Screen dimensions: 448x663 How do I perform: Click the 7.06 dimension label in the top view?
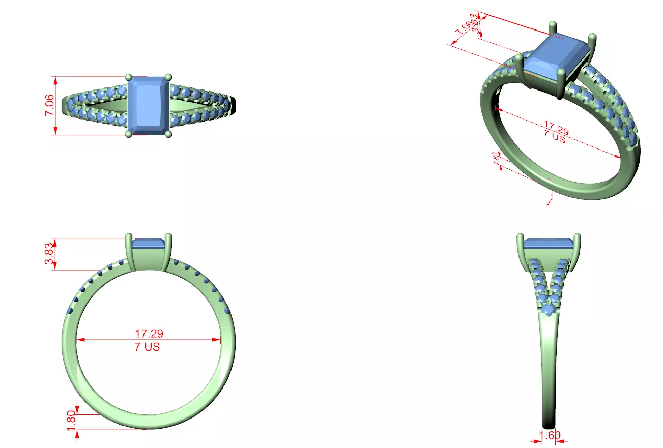point(49,106)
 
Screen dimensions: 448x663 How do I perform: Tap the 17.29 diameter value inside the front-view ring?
point(149,334)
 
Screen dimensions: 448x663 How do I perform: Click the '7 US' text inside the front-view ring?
point(149,347)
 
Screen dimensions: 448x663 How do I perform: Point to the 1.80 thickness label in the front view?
point(71,421)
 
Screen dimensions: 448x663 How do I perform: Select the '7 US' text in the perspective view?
point(554,137)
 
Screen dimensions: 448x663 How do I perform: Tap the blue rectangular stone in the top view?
point(149,105)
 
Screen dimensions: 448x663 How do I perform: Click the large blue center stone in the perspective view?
point(556,57)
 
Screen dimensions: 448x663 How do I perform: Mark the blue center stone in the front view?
point(148,243)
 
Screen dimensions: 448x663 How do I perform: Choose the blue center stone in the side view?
point(549,243)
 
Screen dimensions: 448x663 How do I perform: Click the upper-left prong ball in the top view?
point(129,77)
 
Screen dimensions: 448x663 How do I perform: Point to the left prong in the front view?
point(129,252)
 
